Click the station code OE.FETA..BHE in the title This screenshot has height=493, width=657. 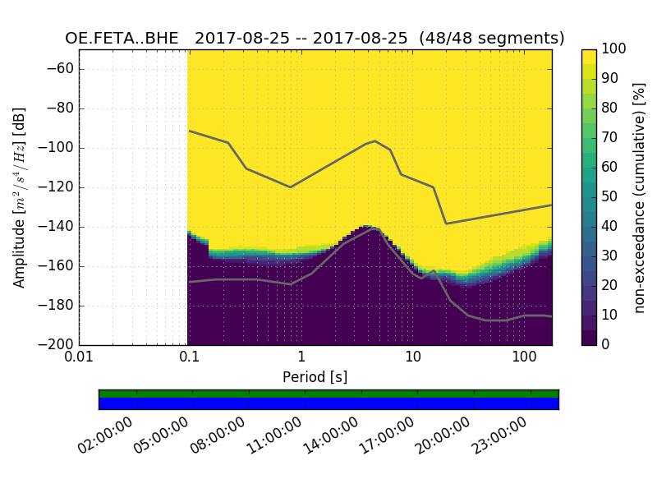pos(125,39)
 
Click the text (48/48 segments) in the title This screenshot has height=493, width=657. pos(492,39)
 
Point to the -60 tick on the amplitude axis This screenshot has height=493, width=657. pos(62,69)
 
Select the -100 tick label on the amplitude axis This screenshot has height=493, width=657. pos(58,148)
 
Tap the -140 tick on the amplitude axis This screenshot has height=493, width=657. pos(58,227)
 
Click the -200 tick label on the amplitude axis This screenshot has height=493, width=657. pos(58,345)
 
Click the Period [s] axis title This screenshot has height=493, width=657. pos(315,377)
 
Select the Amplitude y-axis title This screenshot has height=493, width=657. pos(20,197)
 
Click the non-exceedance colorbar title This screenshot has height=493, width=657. pos(641,197)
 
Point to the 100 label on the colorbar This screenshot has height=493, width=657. pos(614,49)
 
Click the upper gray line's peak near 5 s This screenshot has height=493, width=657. pos(374,141)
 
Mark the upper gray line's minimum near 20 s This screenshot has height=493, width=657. pos(446,223)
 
